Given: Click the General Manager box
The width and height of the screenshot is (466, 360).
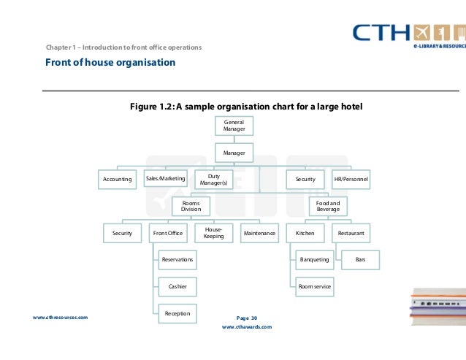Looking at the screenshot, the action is (x=234, y=125).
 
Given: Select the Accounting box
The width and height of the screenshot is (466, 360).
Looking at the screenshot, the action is (x=117, y=179).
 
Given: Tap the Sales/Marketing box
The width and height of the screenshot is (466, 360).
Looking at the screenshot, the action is (x=166, y=178).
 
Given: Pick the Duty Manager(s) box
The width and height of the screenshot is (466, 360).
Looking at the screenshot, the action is (x=214, y=179).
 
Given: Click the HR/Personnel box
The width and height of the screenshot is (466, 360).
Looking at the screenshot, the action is (x=351, y=179).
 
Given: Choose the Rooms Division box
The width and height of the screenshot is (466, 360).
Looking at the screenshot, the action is (x=191, y=205).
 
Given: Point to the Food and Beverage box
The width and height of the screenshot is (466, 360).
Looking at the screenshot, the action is (x=328, y=205).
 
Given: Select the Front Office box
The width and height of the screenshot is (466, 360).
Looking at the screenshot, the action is (x=168, y=233).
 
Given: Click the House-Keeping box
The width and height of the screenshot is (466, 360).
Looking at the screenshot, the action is (x=214, y=233).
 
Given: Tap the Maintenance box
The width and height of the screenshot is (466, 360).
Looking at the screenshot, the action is (x=259, y=233).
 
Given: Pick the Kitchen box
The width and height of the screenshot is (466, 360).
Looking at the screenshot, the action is (x=305, y=233).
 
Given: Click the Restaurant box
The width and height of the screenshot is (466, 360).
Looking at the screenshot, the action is (x=351, y=233).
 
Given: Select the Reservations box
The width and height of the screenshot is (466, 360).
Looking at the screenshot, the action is (x=177, y=259).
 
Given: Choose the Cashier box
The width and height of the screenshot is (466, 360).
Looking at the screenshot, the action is (x=177, y=286).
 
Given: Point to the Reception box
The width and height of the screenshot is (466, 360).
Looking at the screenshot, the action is (x=177, y=313).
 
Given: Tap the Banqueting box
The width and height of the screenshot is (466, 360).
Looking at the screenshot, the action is (x=315, y=259).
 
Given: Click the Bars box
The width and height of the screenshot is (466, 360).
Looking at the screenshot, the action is (x=360, y=259).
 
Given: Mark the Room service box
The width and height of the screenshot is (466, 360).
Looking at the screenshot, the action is (x=315, y=286).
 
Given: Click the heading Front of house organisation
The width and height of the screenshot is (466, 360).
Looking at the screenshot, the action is (x=110, y=63).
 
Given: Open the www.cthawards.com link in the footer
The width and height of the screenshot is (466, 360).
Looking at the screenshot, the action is (x=246, y=327).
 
